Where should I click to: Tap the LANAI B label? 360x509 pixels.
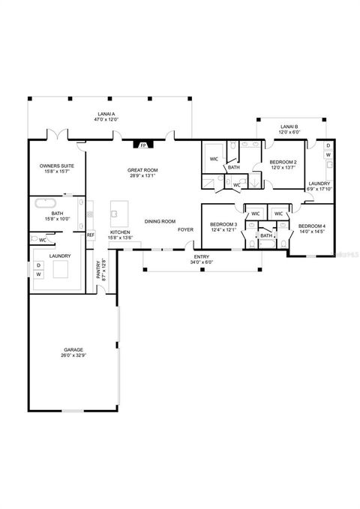(289, 127)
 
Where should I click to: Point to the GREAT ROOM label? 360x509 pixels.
(141, 171)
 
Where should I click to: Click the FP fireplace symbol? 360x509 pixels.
(142, 145)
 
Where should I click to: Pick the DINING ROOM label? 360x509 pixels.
(160, 221)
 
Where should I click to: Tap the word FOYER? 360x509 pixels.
(185, 229)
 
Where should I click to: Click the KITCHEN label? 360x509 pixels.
(120, 233)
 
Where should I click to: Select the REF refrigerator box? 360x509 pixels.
(91, 235)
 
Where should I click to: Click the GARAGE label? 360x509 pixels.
(73, 350)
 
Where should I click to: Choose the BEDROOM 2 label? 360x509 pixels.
(283, 162)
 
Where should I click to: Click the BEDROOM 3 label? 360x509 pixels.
(223, 225)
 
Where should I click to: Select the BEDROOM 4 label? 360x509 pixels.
(311, 226)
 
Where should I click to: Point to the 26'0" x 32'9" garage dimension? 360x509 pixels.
(73, 356)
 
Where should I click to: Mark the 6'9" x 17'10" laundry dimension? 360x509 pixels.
(319, 189)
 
